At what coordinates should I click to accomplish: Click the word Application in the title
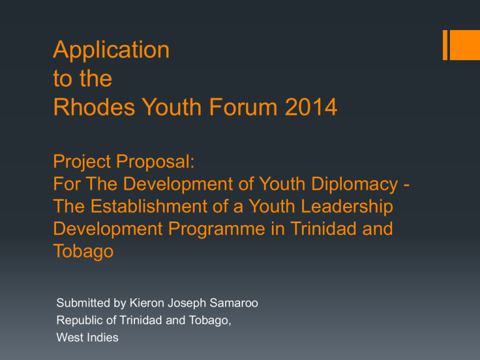111,50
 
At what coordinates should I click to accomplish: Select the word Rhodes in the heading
94,107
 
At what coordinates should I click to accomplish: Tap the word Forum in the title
243,107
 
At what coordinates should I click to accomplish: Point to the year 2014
311,107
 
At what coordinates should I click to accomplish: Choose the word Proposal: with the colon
155,162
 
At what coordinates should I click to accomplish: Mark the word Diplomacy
354,184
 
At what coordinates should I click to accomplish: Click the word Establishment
149,206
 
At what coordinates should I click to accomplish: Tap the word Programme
217,229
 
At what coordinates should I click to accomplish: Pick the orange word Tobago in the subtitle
83,252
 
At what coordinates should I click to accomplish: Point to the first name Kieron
147,302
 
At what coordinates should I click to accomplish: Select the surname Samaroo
234,302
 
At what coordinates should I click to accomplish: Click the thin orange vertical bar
445,45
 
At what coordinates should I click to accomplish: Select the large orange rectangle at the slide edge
465,45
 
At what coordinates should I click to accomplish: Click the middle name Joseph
187,303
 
